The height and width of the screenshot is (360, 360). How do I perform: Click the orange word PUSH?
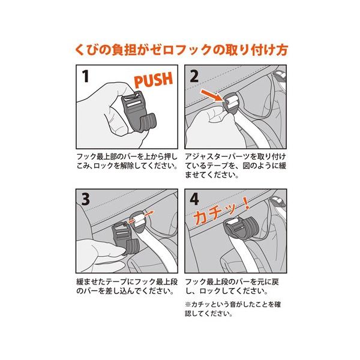154,80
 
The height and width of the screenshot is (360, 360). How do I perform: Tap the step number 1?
85,76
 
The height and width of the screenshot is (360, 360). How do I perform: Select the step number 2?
194,76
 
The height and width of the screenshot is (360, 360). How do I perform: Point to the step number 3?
86,199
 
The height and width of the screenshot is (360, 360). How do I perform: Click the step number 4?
194,199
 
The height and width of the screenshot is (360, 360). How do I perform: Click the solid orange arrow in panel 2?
211,95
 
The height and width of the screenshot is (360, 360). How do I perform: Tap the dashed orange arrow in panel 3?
140,217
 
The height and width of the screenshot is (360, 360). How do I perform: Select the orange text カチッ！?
221,211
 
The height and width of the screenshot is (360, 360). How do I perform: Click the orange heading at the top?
181,50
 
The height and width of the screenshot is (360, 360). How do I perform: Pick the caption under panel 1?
127,161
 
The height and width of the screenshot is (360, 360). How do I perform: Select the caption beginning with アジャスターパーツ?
236,166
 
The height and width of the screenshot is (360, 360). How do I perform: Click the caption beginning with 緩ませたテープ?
127,286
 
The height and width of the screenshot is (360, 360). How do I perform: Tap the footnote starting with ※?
233,309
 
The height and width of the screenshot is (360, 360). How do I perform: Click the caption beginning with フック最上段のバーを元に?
232,286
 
